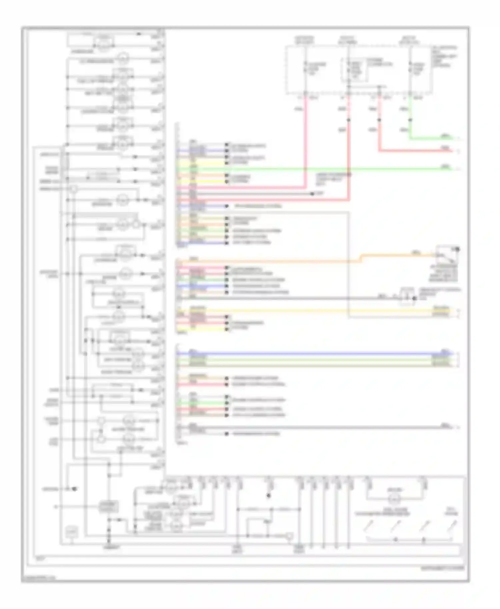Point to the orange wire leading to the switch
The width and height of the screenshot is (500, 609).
pos(267,261)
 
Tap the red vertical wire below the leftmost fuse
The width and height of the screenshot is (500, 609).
pos(305,140)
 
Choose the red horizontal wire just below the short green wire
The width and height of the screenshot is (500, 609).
pos(417,151)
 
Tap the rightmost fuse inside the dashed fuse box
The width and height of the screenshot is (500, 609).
pos(410,68)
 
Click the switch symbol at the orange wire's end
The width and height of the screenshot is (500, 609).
pos(447,255)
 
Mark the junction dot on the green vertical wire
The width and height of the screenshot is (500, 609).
pos(410,120)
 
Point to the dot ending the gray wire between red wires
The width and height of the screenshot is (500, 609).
pos(313,194)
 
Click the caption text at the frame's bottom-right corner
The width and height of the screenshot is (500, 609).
pos(447,568)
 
